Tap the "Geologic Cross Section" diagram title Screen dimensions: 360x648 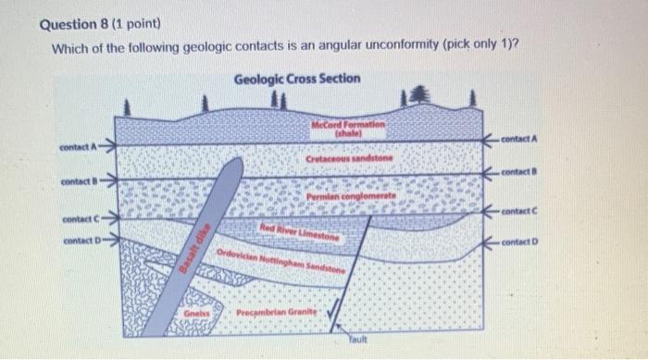pyautogui.click(x=297, y=79)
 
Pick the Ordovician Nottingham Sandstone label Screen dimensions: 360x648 pyautogui.click(x=282, y=260)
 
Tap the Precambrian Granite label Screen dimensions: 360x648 pyautogui.click(x=275, y=313)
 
